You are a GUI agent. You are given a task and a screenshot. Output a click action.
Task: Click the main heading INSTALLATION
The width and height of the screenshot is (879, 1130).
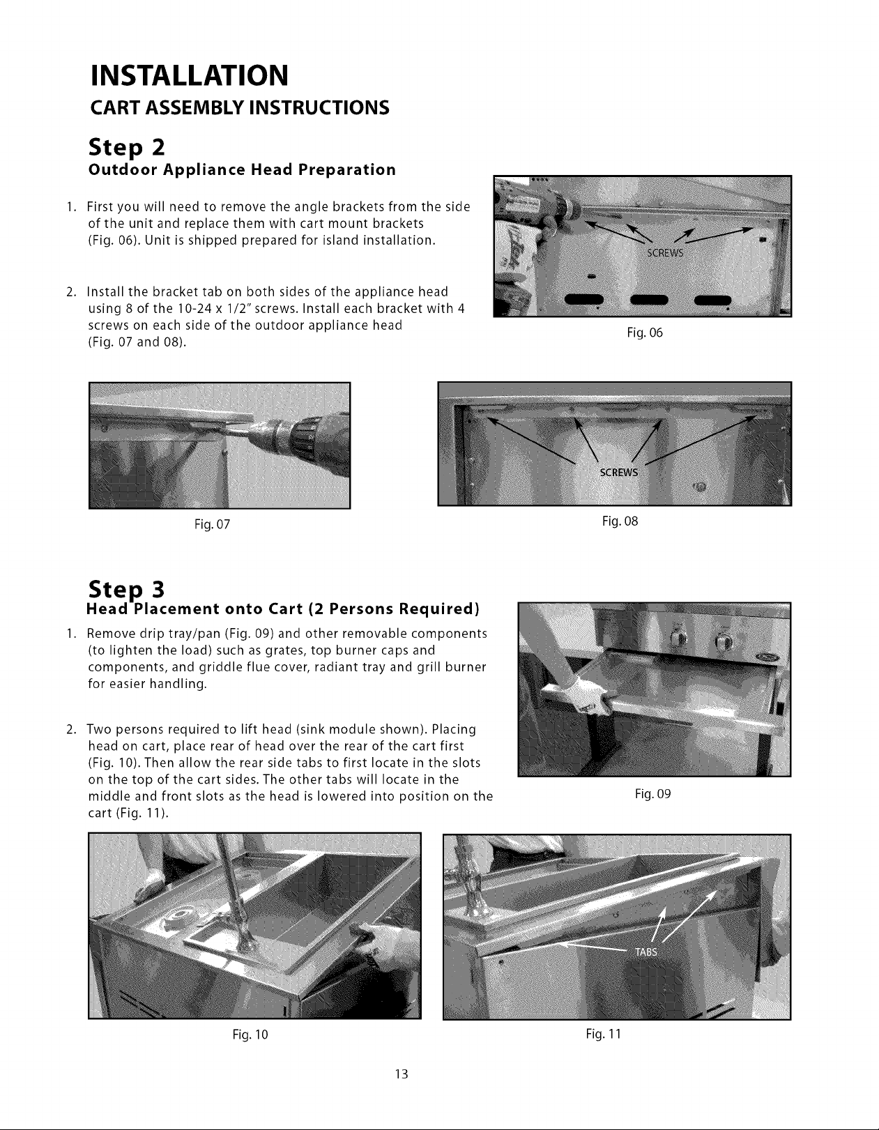coord(189,75)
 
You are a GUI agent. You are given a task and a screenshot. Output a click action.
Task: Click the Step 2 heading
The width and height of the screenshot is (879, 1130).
coord(126,148)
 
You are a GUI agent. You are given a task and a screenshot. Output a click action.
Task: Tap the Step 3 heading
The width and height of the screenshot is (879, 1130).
coord(126,589)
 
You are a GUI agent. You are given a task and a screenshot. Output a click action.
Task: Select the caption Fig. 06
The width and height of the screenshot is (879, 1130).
coord(645,333)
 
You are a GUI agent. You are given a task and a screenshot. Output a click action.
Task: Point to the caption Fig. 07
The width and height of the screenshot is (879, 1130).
coord(212,524)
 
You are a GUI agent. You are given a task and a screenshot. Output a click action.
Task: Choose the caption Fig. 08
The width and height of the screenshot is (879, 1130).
coord(620,521)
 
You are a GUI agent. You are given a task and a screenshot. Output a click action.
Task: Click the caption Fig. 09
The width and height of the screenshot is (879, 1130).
coord(653,793)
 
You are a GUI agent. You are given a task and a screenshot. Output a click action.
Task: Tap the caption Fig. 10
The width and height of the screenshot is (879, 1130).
coord(250,1034)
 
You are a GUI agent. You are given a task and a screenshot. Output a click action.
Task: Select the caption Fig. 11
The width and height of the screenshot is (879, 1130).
coord(604,1034)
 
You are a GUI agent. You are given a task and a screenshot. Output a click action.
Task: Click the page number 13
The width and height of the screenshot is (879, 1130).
coord(402,1074)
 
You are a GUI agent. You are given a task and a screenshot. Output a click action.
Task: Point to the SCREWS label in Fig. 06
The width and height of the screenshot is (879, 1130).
coord(665,253)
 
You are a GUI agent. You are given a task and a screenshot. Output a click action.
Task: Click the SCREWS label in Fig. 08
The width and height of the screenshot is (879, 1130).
coord(618,472)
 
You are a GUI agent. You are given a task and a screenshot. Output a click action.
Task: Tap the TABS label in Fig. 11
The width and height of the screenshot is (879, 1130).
coord(646,952)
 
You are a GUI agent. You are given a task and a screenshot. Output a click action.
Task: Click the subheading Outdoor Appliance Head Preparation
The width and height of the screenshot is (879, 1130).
coord(243,170)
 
